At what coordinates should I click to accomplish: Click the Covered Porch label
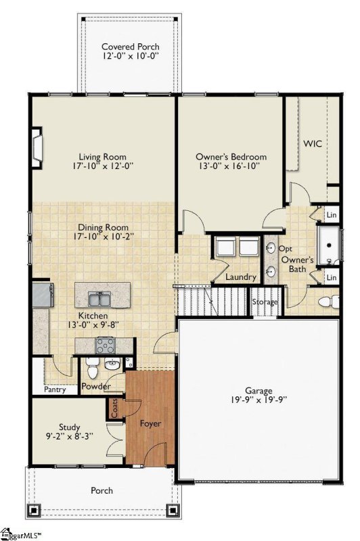[131, 47]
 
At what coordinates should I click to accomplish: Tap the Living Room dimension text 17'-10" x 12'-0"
[104, 166]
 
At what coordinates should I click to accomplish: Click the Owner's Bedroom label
[231, 157]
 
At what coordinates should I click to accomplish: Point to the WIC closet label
[312, 144]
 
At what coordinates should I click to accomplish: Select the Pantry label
[53, 390]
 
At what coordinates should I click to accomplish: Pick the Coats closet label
[114, 408]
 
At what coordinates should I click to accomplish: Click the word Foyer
[150, 423]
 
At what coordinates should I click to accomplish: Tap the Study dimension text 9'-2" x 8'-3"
[69, 437]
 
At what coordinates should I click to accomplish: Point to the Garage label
[258, 391]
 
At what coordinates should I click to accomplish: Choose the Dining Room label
[104, 228]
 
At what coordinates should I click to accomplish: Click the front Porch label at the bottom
[102, 490]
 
